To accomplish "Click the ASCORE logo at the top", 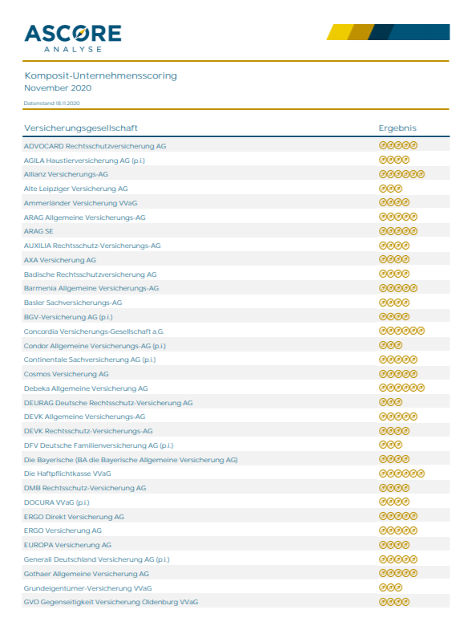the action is [73, 38].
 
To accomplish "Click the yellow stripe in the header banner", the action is [340, 32].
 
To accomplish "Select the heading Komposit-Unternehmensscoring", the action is [100, 75].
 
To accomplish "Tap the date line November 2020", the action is [58, 87].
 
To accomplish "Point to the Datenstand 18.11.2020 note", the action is [52, 103].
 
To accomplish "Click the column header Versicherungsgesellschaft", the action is [81, 128].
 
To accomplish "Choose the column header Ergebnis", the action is [397, 128].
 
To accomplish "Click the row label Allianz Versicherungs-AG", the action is [66, 174].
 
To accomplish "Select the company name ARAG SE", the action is [38, 231].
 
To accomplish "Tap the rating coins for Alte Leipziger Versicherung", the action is [390, 189].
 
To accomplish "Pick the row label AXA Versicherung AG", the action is [60, 260].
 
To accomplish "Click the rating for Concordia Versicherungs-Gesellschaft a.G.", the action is [401, 331].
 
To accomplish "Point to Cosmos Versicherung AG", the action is [67, 374].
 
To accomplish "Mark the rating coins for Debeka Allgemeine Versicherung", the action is [401, 388].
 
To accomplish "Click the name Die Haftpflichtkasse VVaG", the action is [67, 473].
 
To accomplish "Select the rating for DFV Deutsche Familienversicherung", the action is [390, 445].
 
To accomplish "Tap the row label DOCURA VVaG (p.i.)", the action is [57, 502].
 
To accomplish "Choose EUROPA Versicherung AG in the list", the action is [67, 545].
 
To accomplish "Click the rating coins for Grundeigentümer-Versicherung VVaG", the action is [390, 587].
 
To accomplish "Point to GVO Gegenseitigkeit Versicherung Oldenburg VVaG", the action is [111, 602].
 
